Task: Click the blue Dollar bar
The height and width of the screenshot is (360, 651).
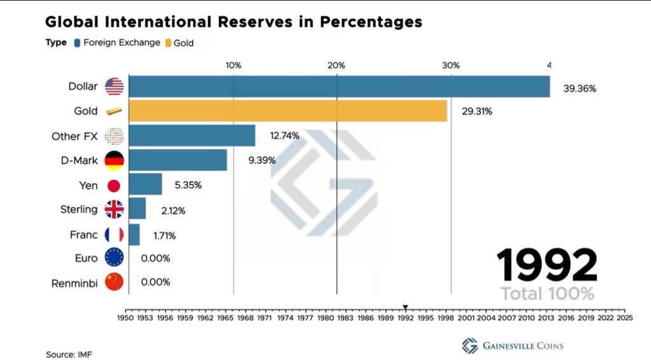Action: [339, 87]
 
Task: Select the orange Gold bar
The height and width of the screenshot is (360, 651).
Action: [287, 111]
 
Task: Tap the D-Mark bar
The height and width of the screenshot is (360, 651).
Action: [177, 160]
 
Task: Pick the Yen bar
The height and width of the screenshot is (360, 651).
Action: [145, 185]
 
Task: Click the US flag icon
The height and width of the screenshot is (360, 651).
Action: [114, 87]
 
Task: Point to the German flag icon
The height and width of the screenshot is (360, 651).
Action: [114, 160]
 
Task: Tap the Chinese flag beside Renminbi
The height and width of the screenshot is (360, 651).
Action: [114, 282]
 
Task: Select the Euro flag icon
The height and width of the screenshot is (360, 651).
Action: [114, 258]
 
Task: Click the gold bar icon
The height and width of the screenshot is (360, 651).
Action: [113, 111]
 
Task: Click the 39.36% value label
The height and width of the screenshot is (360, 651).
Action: [579, 89]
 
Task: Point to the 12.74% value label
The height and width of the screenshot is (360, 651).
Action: [284, 135]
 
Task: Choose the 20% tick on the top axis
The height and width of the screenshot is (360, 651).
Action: [336, 66]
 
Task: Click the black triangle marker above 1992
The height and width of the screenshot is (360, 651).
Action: [406, 307]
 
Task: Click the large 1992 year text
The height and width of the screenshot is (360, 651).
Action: [546, 266]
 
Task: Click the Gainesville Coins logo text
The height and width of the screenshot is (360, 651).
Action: [522, 346]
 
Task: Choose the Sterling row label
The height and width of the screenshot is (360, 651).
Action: [79, 209]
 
